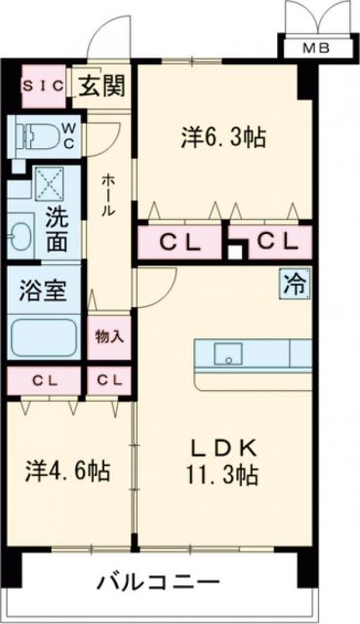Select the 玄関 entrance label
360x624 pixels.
(101, 86)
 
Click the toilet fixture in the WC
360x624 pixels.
(29, 134)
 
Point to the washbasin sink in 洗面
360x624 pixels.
(21, 235)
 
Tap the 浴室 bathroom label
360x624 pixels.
(44, 290)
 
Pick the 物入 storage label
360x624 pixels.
(108, 337)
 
